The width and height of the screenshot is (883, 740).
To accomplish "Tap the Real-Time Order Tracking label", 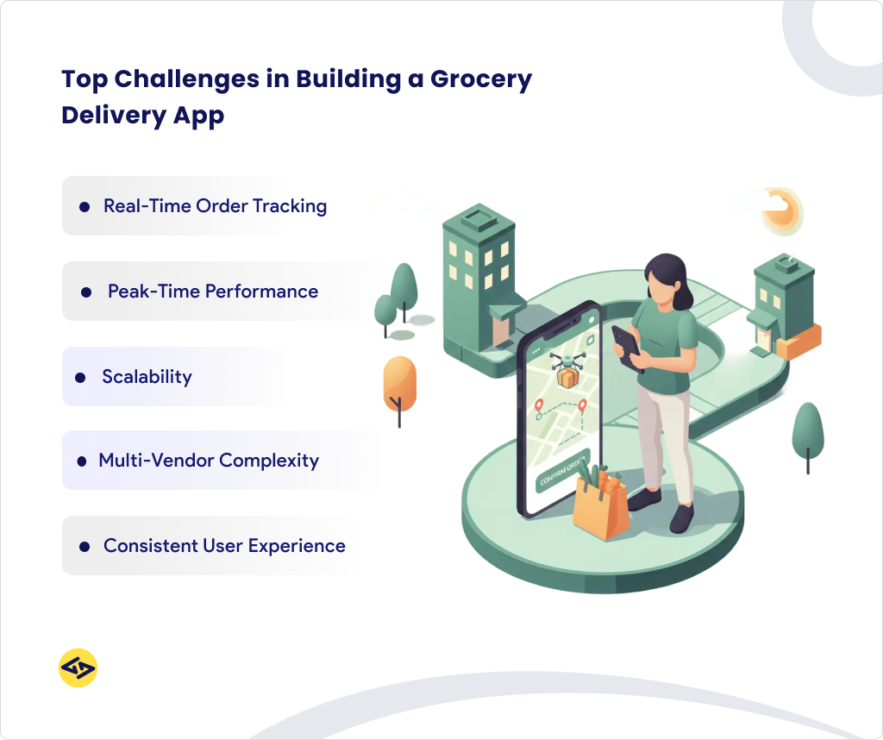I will [215, 206].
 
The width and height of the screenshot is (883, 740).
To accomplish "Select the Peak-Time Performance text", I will [213, 292].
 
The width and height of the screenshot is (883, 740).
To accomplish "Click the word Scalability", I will [147, 377].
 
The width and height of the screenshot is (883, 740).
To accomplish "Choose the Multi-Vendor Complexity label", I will [209, 461].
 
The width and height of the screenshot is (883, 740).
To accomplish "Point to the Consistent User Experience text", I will [224, 546].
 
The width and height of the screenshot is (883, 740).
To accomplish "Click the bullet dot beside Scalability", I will [80, 378].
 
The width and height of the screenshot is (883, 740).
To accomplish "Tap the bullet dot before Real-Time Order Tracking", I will [85, 207].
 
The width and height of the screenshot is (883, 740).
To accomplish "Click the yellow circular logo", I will [78, 668].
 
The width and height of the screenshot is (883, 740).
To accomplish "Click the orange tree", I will [399, 384].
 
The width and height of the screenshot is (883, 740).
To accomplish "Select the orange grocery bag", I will [601, 511].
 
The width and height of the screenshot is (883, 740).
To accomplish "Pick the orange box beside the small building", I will [798, 341].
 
